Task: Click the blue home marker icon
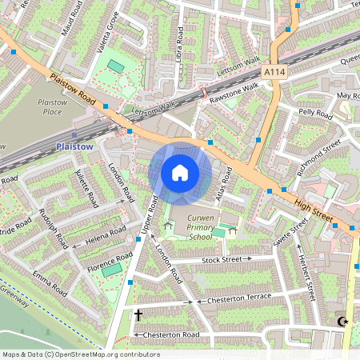tap(180, 173)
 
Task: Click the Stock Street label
tap(221, 260)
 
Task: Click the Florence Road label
tap(112, 261)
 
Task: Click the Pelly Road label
tap(315, 114)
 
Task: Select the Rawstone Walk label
tap(234, 94)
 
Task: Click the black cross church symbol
tap(138, 314)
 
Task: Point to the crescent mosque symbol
tap(344, 322)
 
